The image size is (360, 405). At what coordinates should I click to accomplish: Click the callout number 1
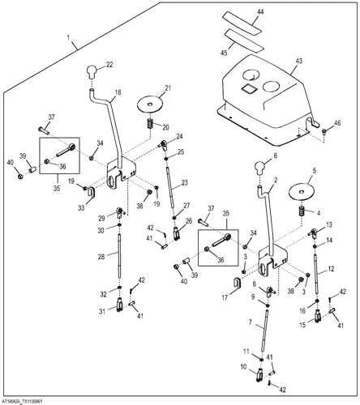[x=70, y=37]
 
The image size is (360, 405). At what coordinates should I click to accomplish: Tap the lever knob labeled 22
[x=99, y=68]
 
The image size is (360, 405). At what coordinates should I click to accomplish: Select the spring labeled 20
[x=151, y=124]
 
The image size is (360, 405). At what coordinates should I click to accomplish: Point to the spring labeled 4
[x=302, y=211]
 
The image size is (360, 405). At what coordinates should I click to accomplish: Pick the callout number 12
[x=331, y=268]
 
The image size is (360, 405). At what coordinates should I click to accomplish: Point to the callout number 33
[x=80, y=208]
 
